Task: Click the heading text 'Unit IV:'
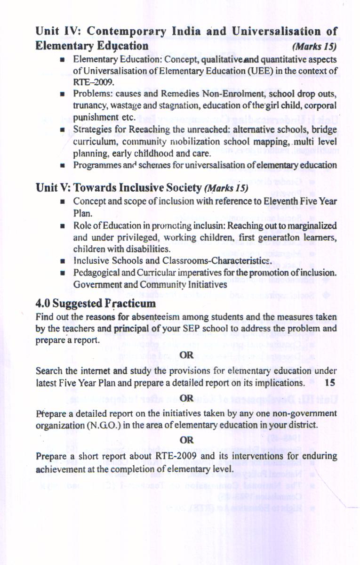click(54, 32)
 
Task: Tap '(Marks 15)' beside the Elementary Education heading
click(314, 47)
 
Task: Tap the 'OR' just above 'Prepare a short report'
click(187, 440)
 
